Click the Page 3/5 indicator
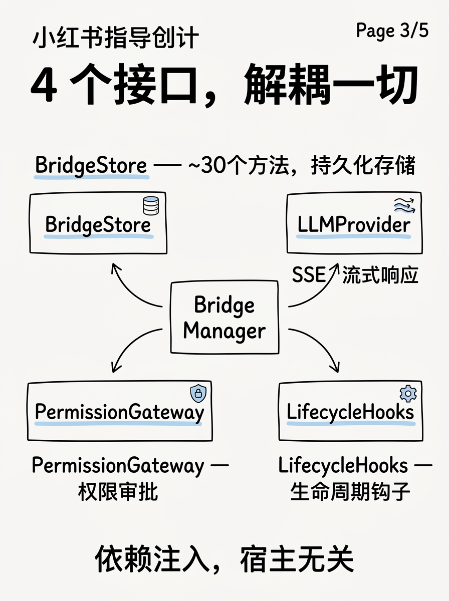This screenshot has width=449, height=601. (x=392, y=31)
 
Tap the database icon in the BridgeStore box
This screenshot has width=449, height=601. (x=150, y=206)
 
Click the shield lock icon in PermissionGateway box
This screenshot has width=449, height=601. (x=198, y=394)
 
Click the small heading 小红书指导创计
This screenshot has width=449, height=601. (x=115, y=39)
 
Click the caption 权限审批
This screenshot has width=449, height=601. (x=118, y=492)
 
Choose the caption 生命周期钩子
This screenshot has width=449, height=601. (x=350, y=492)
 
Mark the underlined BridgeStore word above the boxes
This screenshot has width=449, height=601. (x=91, y=166)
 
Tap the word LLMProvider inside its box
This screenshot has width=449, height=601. (x=354, y=225)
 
